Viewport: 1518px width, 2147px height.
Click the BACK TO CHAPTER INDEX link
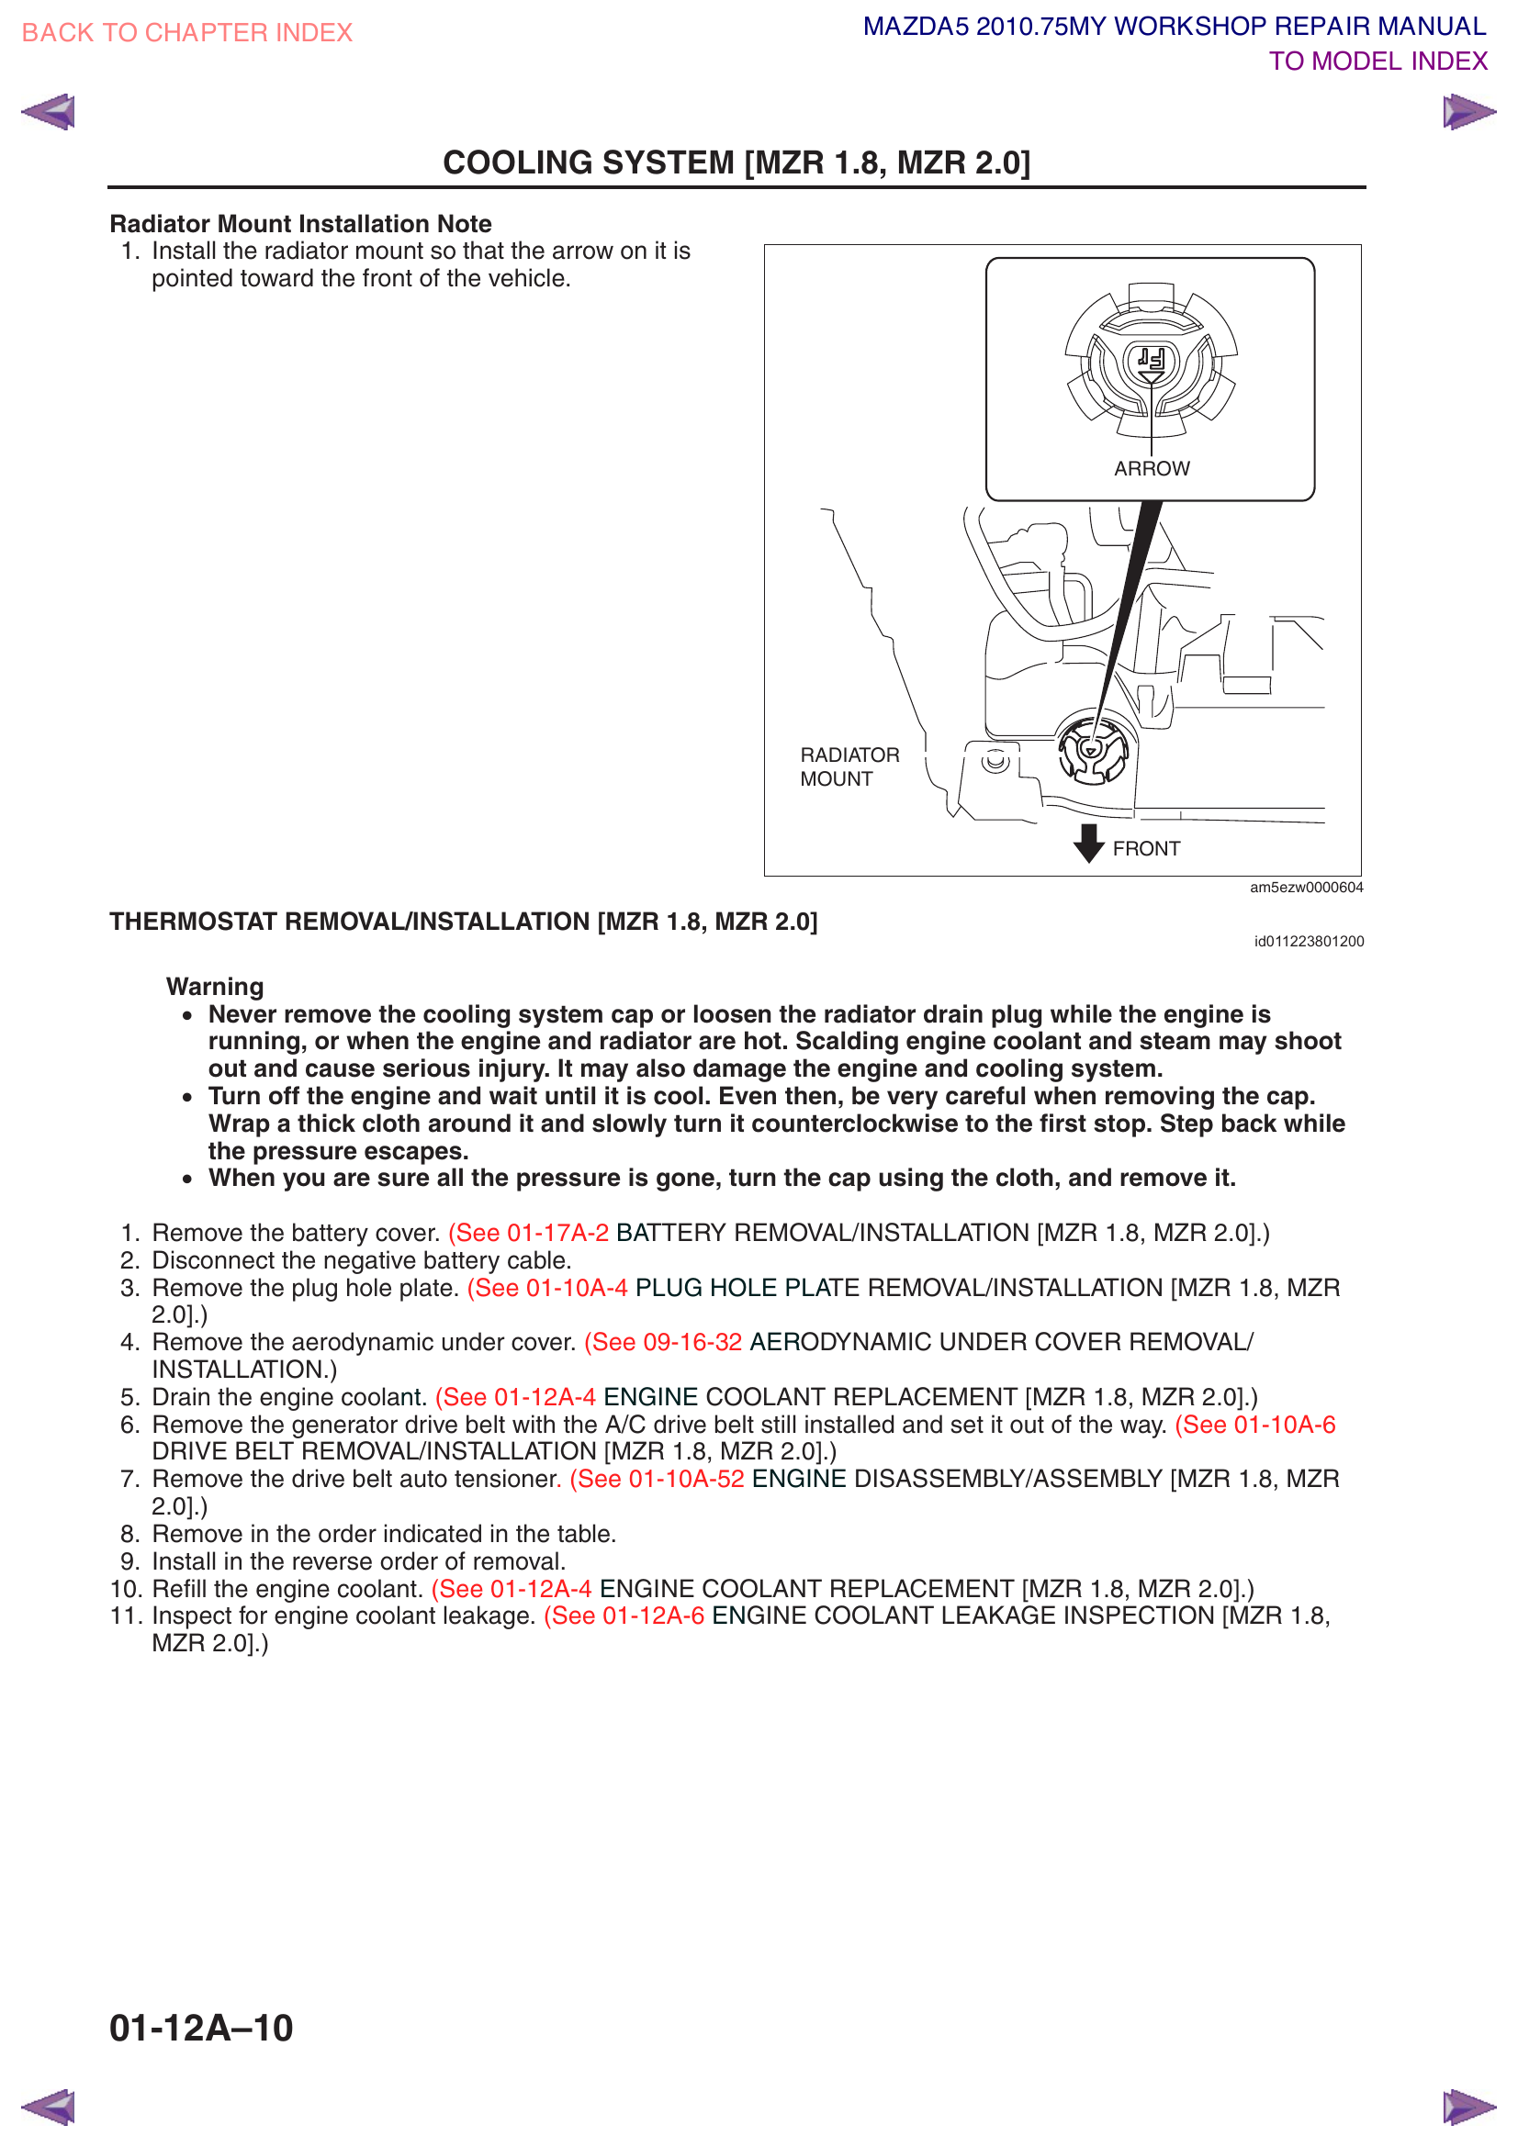pos(187,33)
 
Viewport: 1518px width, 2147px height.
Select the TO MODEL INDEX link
pos(1377,62)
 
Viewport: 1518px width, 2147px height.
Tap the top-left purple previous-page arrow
pos(49,112)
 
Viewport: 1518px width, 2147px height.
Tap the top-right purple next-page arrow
pos(1468,112)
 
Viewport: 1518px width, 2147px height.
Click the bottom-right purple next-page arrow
pos(1468,2107)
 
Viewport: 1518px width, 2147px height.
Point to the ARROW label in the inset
pos(1152,468)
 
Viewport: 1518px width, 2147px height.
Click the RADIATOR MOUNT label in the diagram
pos(849,766)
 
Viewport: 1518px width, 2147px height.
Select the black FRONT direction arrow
pos(1087,843)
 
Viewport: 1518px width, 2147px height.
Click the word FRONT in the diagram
pos(1146,849)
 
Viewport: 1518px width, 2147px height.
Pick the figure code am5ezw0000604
pos(1306,888)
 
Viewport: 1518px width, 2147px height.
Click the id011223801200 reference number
pos(1309,942)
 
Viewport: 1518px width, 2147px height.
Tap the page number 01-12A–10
pos(201,2029)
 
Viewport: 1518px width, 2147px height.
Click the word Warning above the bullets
pos(215,987)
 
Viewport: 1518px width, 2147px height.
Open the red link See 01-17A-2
pos(528,1234)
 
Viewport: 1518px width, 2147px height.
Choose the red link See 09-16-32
pos(663,1343)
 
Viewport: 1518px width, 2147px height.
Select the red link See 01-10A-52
pos(658,1480)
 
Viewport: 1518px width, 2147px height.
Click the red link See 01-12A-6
pos(624,1616)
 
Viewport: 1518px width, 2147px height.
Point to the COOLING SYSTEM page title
pos(737,162)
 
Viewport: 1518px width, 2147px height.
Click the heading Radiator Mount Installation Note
pos(300,224)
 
